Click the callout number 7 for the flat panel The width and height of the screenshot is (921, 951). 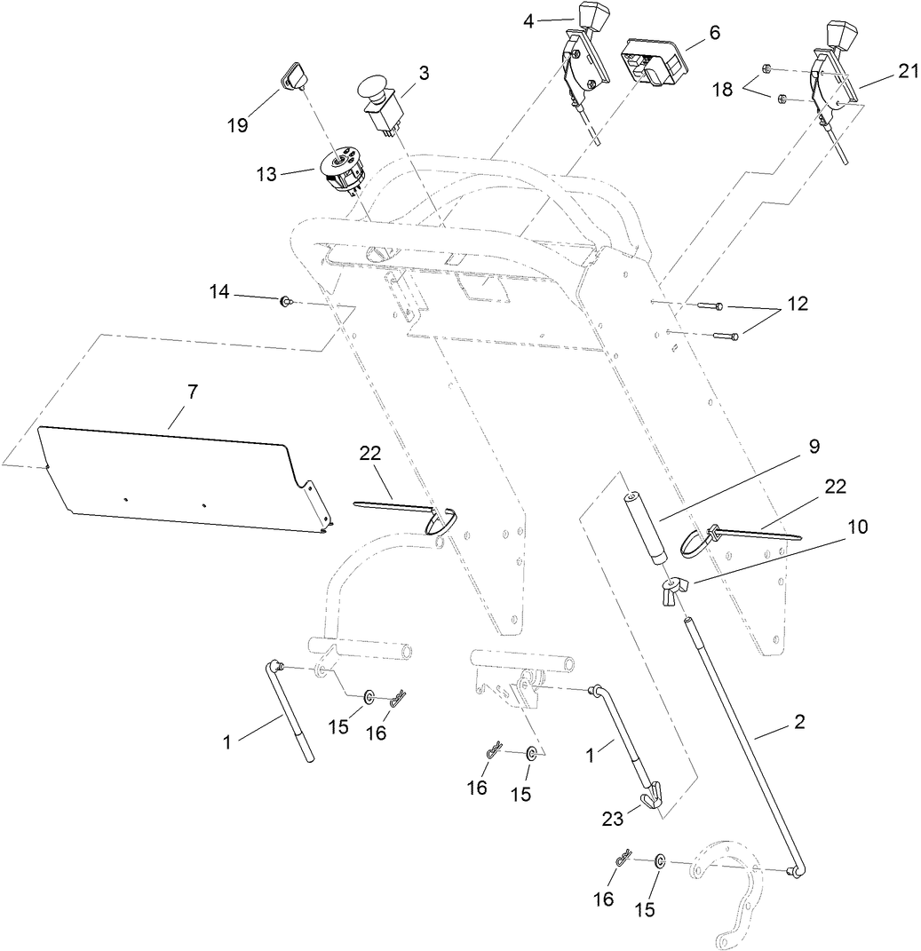click(193, 392)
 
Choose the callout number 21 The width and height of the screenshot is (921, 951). click(905, 72)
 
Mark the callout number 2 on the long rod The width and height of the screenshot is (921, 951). click(798, 722)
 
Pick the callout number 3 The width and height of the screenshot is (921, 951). click(424, 73)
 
